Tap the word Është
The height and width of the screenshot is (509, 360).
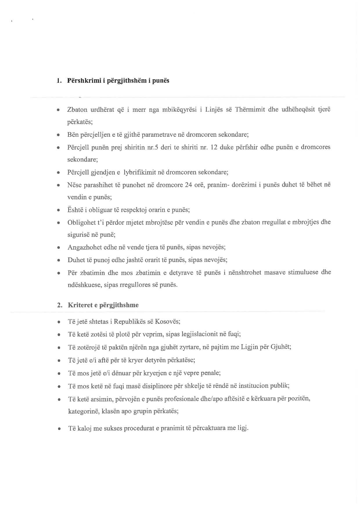[75, 210]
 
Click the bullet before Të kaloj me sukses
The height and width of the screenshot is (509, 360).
[59, 429]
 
